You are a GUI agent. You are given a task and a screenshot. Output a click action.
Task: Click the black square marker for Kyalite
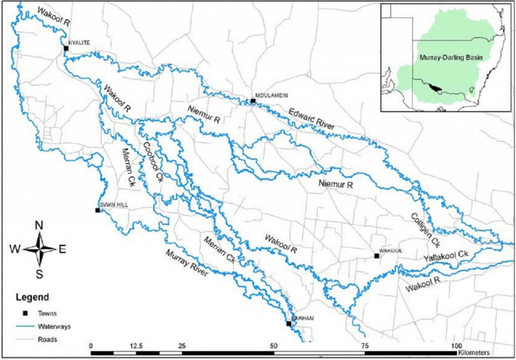(x=66, y=48)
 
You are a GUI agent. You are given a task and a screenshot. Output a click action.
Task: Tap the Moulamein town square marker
(x=253, y=101)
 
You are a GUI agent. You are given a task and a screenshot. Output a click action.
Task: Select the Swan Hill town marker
(x=97, y=210)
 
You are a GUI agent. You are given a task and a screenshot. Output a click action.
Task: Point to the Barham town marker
(x=289, y=324)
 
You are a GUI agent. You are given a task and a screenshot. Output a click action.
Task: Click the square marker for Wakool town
(x=376, y=256)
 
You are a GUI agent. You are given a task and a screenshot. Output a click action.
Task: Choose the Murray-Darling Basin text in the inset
(x=450, y=57)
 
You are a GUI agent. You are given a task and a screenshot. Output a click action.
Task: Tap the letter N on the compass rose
(x=39, y=226)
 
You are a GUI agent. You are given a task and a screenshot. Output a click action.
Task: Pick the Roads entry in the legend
(x=47, y=339)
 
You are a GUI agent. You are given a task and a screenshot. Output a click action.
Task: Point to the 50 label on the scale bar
(x=274, y=346)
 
